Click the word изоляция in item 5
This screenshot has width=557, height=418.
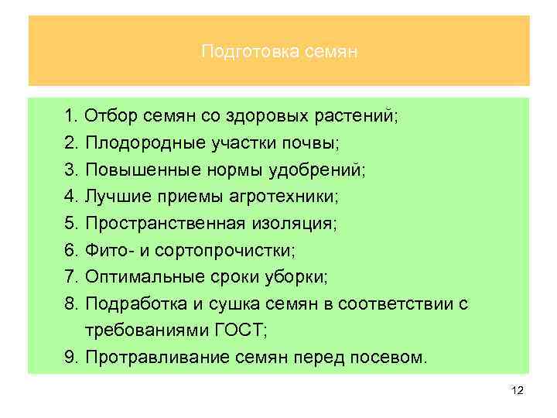(x=290, y=224)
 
